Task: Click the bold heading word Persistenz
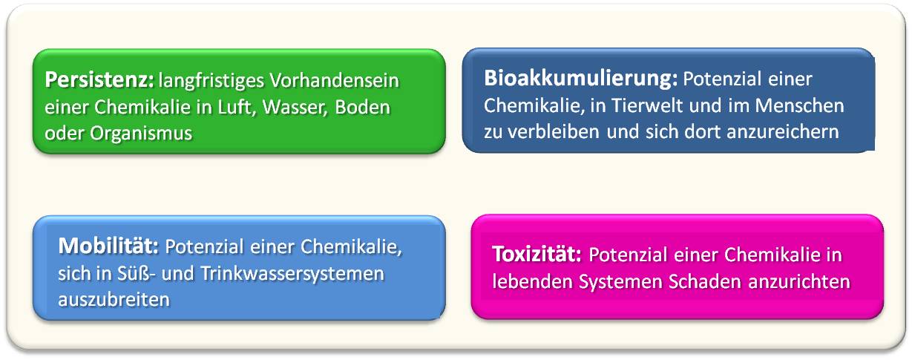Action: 99,80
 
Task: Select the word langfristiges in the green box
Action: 211,81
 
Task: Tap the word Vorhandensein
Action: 334,80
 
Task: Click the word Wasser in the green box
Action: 295,108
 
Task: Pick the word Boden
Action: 362,107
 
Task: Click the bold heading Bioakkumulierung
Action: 580,79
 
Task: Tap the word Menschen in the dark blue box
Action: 800,105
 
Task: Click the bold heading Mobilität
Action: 108,246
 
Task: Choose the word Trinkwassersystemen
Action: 292,274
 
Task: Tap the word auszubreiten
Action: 114,300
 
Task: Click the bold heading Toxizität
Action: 537,254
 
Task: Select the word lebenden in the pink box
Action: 533,281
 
